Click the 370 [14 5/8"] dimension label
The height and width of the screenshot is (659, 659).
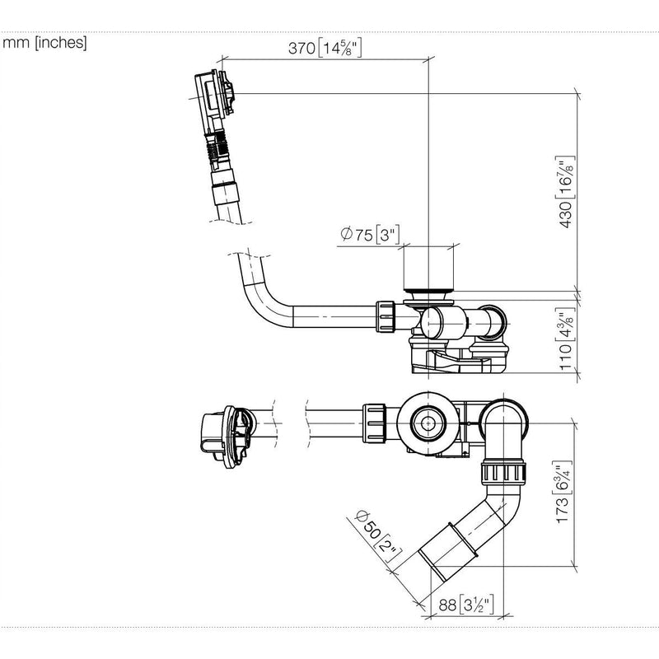325,48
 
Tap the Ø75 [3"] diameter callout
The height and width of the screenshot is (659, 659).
369,234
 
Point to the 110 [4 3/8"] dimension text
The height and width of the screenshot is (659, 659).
565,339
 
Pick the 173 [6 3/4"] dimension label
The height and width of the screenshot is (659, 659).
563,492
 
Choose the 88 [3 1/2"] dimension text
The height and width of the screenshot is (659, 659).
465,605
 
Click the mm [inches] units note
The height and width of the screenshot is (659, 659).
44,43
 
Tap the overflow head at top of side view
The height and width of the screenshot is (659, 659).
214,95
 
